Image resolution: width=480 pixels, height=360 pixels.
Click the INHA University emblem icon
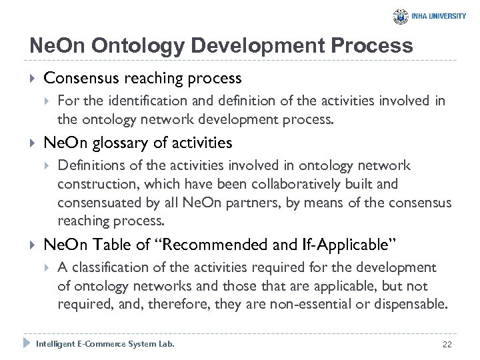click(x=401, y=17)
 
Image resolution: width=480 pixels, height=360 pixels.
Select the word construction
click(x=92, y=183)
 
